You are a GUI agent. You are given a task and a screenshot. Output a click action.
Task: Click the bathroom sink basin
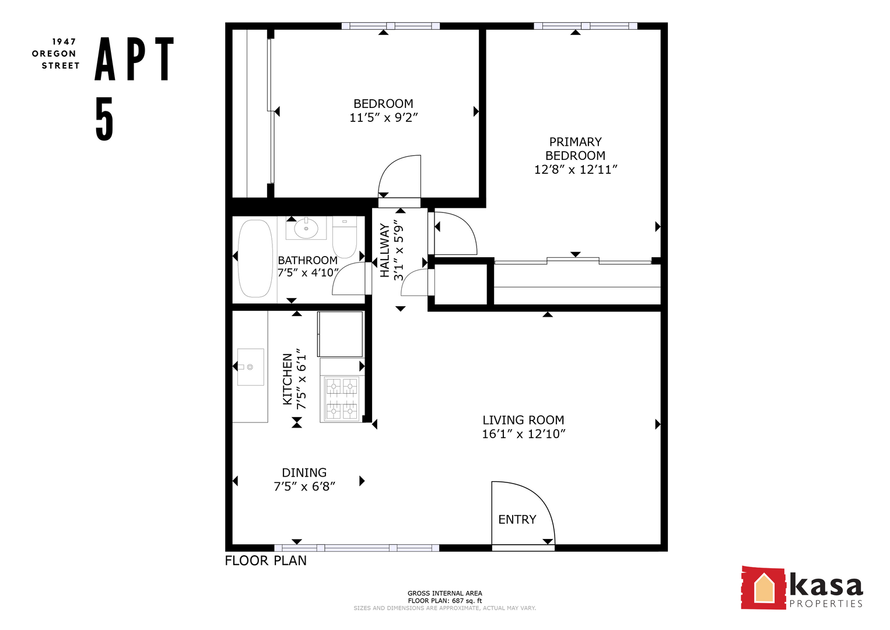(x=306, y=228)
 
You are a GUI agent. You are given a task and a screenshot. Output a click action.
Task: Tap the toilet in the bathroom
(x=345, y=237)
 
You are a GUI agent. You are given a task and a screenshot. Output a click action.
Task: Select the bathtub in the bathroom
(x=255, y=258)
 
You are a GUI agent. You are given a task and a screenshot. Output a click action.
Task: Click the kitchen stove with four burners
(x=342, y=399)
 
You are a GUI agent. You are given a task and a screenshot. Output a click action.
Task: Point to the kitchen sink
(x=250, y=367)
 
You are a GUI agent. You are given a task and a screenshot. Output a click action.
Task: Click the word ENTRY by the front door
(x=517, y=520)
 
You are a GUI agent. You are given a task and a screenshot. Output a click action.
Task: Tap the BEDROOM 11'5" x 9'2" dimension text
(x=383, y=118)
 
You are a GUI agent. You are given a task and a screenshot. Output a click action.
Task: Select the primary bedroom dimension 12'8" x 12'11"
(x=575, y=170)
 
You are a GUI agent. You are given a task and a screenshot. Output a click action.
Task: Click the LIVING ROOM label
(x=523, y=420)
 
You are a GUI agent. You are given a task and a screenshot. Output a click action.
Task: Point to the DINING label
(x=304, y=473)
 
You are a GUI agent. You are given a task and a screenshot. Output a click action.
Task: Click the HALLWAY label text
(x=384, y=250)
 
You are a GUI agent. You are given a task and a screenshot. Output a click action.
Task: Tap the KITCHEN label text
(x=288, y=379)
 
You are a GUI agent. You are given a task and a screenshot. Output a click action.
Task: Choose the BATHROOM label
(x=307, y=260)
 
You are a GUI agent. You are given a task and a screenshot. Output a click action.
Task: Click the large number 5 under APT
(x=104, y=119)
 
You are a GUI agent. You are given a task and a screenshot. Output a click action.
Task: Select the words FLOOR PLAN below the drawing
(x=266, y=561)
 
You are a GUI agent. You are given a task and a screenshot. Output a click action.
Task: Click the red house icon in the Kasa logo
(x=763, y=588)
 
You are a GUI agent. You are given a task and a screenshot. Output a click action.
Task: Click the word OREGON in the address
(x=54, y=54)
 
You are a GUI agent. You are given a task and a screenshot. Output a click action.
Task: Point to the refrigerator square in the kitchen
(x=340, y=334)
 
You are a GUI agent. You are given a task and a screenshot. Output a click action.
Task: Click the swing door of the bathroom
(x=348, y=279)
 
